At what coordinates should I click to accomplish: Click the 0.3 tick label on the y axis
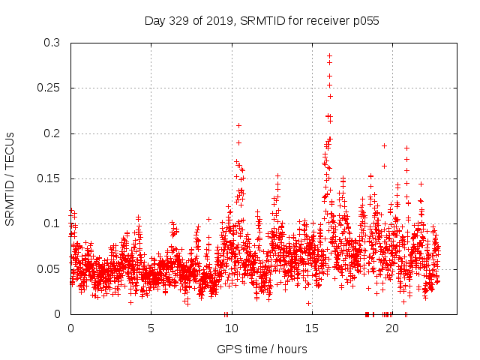52,43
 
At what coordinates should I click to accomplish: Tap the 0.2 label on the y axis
52,133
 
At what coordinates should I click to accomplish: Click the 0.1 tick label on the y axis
52,223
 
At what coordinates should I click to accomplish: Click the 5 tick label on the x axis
151,328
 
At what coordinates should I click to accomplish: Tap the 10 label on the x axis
231,328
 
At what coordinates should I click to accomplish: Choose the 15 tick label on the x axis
311,328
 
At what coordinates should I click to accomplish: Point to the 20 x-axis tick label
391,328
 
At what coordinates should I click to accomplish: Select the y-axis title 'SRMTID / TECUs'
10,178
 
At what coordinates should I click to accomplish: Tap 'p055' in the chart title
367,21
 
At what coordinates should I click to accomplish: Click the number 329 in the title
178,21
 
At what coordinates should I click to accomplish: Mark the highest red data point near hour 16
329,55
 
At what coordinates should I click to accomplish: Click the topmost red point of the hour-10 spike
238,125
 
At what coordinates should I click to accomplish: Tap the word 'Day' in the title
154,21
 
